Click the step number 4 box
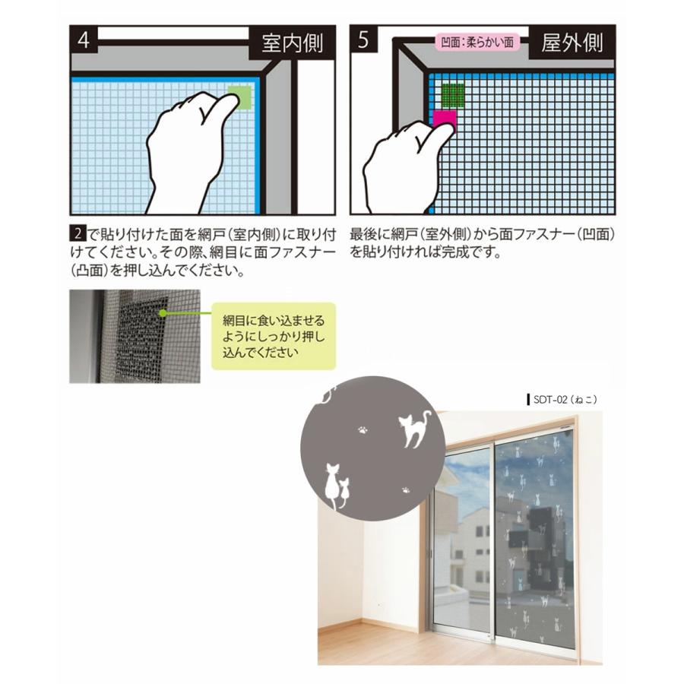(x=84, y=41)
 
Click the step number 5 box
(x=364, y=41)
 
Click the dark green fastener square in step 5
(x=453, y=95)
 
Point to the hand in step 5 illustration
(x=403, y=163)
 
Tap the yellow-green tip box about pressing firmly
(x=272, y=335)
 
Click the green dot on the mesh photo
(x=163, y=312)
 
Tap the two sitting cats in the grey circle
(x=335, y=486)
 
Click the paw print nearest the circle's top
(x=363, y=429)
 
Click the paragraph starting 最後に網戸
(x=482, y=245)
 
